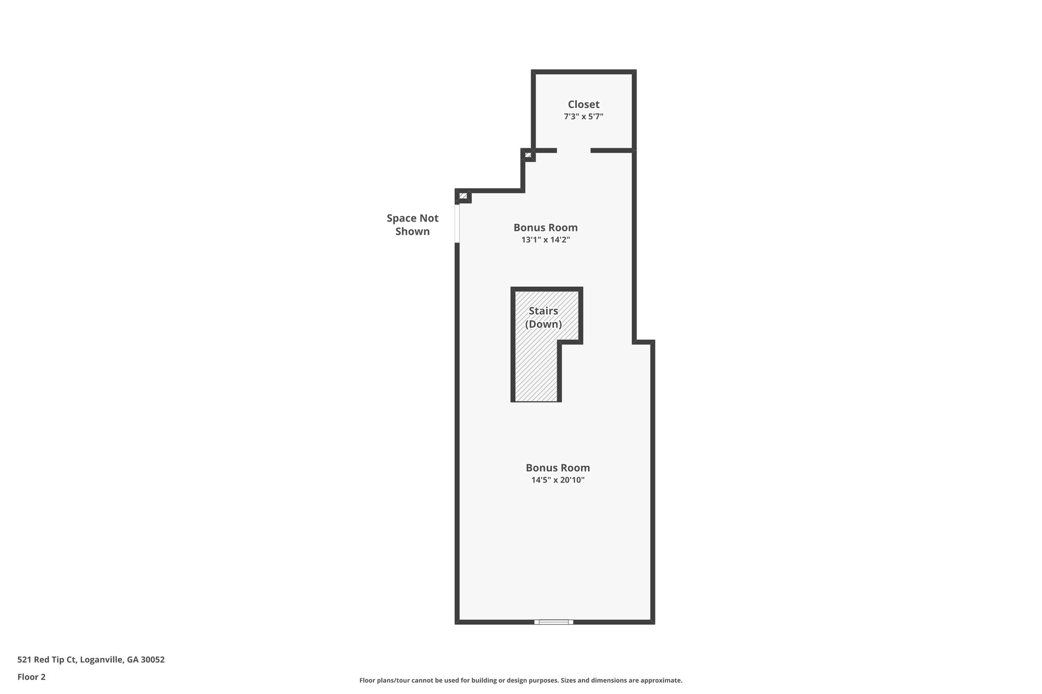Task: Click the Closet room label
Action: [584, 104]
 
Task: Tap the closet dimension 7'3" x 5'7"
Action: [584, 116]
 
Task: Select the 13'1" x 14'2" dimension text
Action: [545, 240]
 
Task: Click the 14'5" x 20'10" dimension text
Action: [558, 480]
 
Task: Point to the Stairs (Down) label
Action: [543, 317]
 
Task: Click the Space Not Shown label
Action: [412, 225]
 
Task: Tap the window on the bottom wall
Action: [554, 622]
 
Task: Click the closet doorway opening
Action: [573, 150]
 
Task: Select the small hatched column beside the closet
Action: [528, 155]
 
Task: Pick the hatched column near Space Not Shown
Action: [463, 196]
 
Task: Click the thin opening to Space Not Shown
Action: [457, 223]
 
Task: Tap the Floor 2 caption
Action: [32, 677]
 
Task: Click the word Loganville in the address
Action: [101, 660]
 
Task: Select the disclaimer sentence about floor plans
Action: [520, 680]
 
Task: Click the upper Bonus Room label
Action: [545, 227]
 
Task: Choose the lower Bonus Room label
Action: [558, 468]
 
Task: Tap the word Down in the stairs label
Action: [543, 324]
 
